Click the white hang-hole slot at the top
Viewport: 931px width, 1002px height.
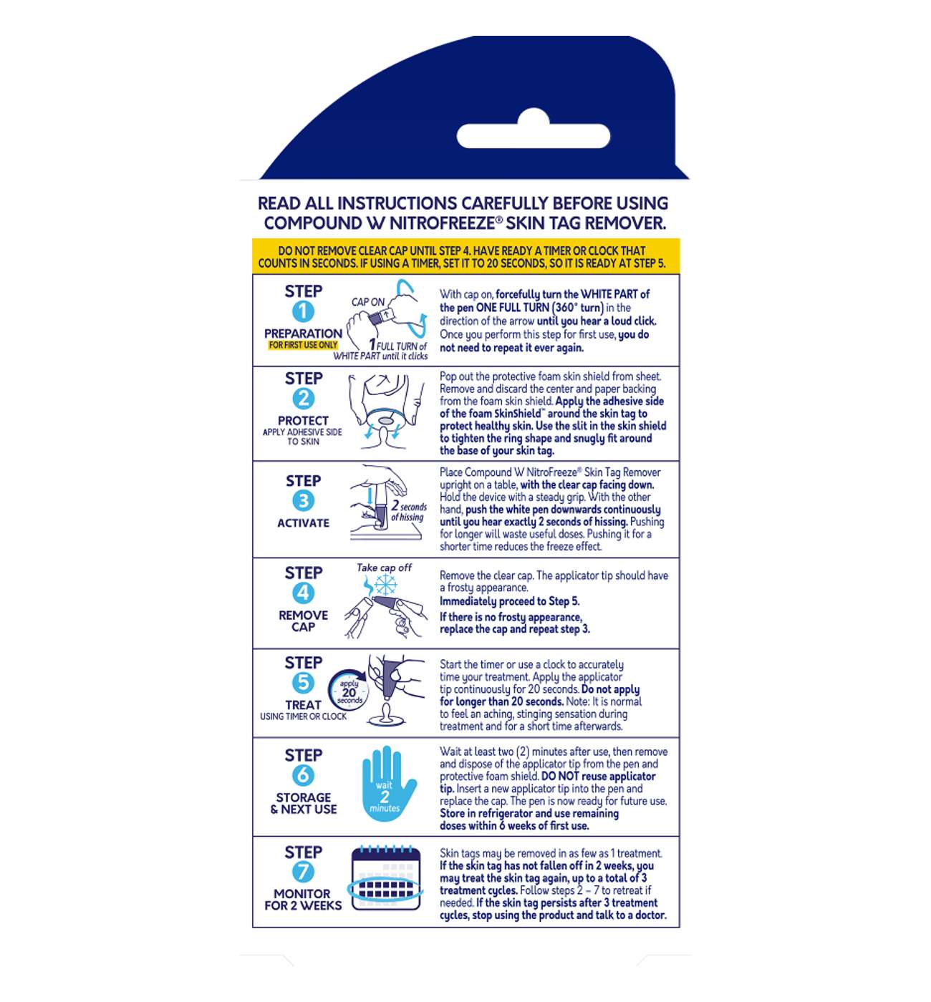[533, 132]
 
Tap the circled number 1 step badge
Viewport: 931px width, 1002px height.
[303, 311]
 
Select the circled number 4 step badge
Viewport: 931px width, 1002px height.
[303, 593]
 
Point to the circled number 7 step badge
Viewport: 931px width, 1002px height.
[303, 872]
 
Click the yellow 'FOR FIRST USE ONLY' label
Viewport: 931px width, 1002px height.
[303, 345]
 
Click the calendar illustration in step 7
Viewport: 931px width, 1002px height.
[386, 878]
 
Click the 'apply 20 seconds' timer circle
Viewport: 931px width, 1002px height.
[348, 691]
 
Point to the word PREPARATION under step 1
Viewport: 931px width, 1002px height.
[303, 334]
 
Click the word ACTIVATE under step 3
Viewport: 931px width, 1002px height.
[303, 523]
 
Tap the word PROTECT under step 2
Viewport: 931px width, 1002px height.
[303, 420]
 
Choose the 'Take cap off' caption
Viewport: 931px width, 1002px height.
[384, 568]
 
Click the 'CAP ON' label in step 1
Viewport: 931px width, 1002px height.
[368, 302]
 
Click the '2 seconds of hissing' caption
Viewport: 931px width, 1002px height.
[408, 511]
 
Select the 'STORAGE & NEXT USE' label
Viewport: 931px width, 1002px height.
[304, 803]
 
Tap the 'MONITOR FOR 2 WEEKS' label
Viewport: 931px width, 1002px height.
[303, 900]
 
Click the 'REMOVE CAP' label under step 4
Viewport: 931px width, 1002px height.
[303, 621]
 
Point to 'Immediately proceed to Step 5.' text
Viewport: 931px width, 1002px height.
[509, 601]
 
